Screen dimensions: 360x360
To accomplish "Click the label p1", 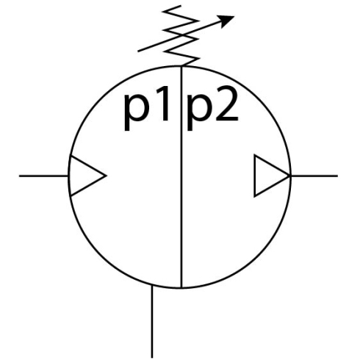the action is [147, 108].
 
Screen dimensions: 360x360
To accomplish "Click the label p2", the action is [212, 108].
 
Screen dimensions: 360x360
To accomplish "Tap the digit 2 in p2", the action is [227, 104].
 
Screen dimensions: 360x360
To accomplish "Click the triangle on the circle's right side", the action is [270, 176].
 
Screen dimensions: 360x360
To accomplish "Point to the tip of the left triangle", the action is [107, 176].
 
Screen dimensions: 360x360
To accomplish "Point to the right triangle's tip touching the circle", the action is [290, 176].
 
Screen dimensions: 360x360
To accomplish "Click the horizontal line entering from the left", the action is [44, 176].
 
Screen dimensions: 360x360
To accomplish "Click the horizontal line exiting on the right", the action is [314, 176].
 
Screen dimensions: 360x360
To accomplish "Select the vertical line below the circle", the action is [152, 321].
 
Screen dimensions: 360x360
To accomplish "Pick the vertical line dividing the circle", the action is [181, 177].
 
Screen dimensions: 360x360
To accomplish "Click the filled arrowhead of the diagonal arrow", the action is [226, 21].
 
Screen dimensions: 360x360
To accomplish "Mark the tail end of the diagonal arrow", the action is [138, 51].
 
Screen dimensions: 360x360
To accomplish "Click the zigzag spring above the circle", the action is [181, 35].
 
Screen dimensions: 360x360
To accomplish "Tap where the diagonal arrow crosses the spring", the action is [182, 35].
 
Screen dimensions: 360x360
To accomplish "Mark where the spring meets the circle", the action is [181, 66].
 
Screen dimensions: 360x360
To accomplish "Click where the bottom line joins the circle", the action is [152, 285].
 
